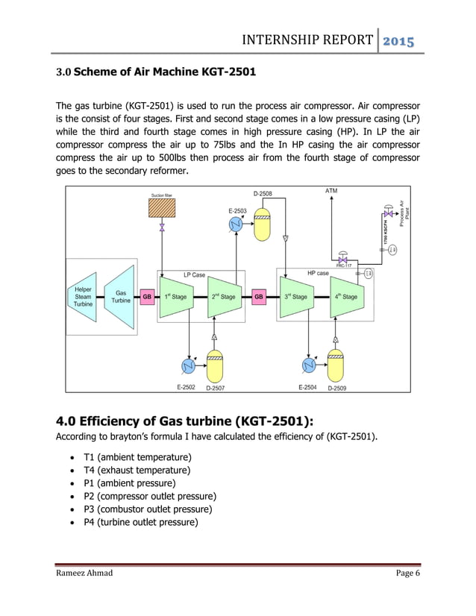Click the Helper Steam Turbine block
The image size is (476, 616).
tap(83, 296)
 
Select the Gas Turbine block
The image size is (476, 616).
tap(120, 296)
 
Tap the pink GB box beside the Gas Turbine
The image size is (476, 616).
tap(148, 296)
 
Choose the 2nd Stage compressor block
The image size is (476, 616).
tap(222, 296)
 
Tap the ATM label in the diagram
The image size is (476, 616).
tap(331, 191)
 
